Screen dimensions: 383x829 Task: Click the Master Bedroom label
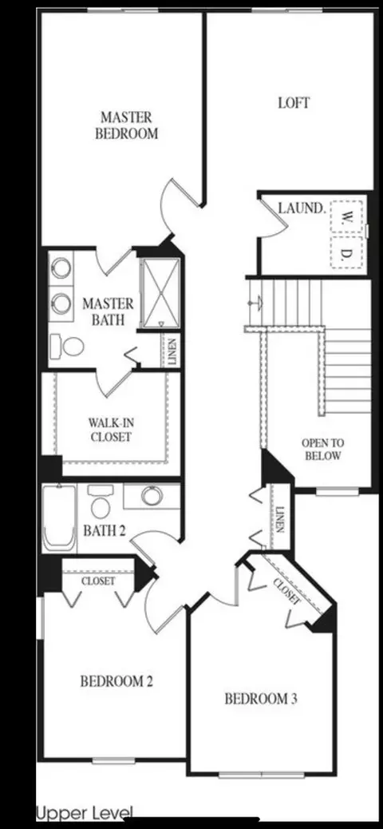(x=126, y=125)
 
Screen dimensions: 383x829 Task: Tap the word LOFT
(x=294, y=102)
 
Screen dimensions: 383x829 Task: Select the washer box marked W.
(x=347, y=216)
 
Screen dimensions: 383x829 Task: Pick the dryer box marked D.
(x=347, y=252)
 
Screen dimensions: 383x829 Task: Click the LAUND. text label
(x=301, y=208)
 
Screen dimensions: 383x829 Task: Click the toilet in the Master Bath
(x=68, y=347)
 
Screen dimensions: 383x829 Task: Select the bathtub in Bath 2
(x=59, y=517)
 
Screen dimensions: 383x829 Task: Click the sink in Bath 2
(x=152, y=496)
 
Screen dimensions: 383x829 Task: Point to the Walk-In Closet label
(x=110, y=430)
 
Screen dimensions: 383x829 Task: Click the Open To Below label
(x=322, y=450)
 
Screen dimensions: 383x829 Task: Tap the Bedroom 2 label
(x=116, y=681)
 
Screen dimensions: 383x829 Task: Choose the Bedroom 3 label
(x=261, y=699)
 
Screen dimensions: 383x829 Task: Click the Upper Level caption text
(x=85, y=812)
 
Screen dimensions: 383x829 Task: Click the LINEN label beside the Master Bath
(x=172, y=351)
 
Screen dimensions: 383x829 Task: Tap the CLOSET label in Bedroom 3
(x=287, y=591)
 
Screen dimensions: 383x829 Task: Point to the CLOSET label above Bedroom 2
(x=97, y=581)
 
